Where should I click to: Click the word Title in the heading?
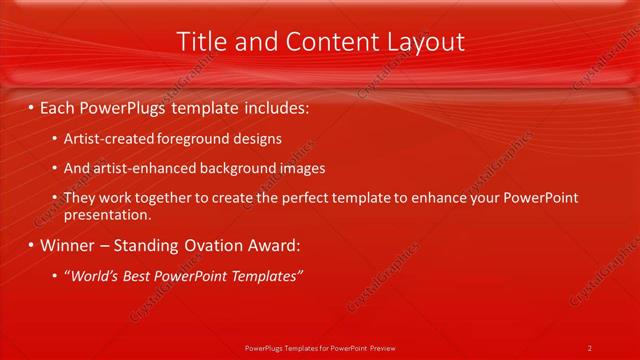[199, 41]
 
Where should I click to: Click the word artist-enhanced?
[139, 168]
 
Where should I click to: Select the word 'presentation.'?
[107, 214]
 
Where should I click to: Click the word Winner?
[69, 245]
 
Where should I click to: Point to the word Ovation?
[212, 245]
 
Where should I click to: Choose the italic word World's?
[96, 276]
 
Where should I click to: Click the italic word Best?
[146, 276]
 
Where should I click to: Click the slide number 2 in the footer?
[590, 348]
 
